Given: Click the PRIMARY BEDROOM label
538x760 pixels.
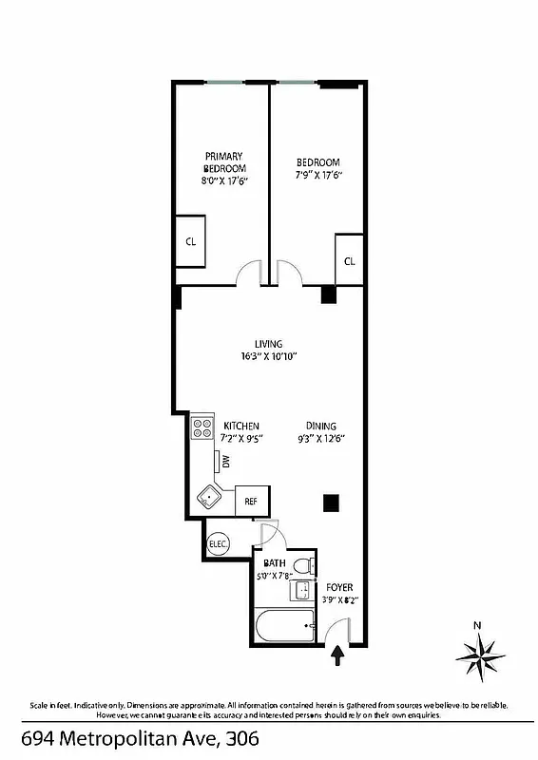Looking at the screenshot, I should (x=224, y=162).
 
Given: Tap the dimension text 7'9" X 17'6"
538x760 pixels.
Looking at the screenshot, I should (x=317, y=175).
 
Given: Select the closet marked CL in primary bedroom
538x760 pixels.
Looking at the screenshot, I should (x=190, y=241).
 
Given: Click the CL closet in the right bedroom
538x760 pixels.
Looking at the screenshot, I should (x=349, y=260).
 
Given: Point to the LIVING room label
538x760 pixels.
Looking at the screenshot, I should (x=268, y=344).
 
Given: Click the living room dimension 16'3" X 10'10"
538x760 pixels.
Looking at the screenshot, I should (x=268, y=357).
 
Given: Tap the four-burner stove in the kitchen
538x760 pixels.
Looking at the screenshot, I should (x=202, y=428).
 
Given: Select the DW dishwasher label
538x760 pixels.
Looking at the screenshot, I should (x=226, y=462).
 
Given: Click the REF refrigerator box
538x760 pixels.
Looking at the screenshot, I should (x=252, y=501).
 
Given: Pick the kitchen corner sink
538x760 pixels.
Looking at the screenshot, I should (x=208, y=496).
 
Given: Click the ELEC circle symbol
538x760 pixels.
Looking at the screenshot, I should (x=218, y=544).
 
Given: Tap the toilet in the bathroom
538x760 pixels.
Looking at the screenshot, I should (x=303, y=567).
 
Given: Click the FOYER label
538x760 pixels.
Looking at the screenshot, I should (x=338, y=587).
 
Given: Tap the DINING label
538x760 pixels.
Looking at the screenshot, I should (x=320, y=427).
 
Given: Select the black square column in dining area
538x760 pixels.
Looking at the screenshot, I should (x=331, y=503).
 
